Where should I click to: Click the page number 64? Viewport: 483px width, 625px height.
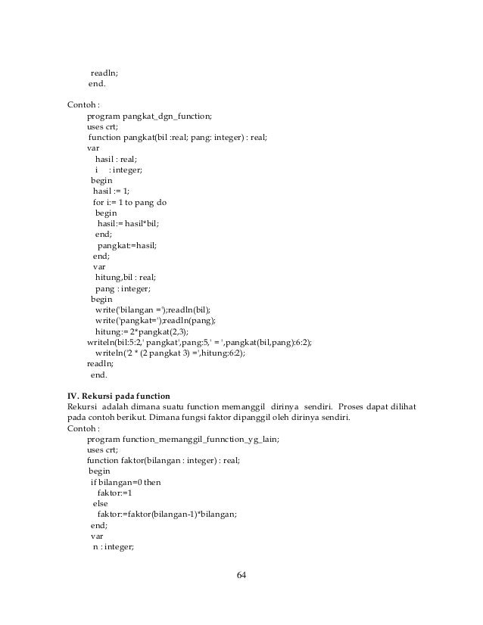(241, 576)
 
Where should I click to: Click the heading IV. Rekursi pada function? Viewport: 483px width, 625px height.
(119, 396)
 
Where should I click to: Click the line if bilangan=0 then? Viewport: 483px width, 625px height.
(126, 481)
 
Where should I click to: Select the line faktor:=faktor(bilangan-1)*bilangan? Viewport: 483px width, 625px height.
(167, 514)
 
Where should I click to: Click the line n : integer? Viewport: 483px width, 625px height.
(113, 546)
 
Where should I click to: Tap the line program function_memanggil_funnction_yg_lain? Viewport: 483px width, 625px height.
(182, 439)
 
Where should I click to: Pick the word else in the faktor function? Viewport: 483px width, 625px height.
(100, 502)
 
